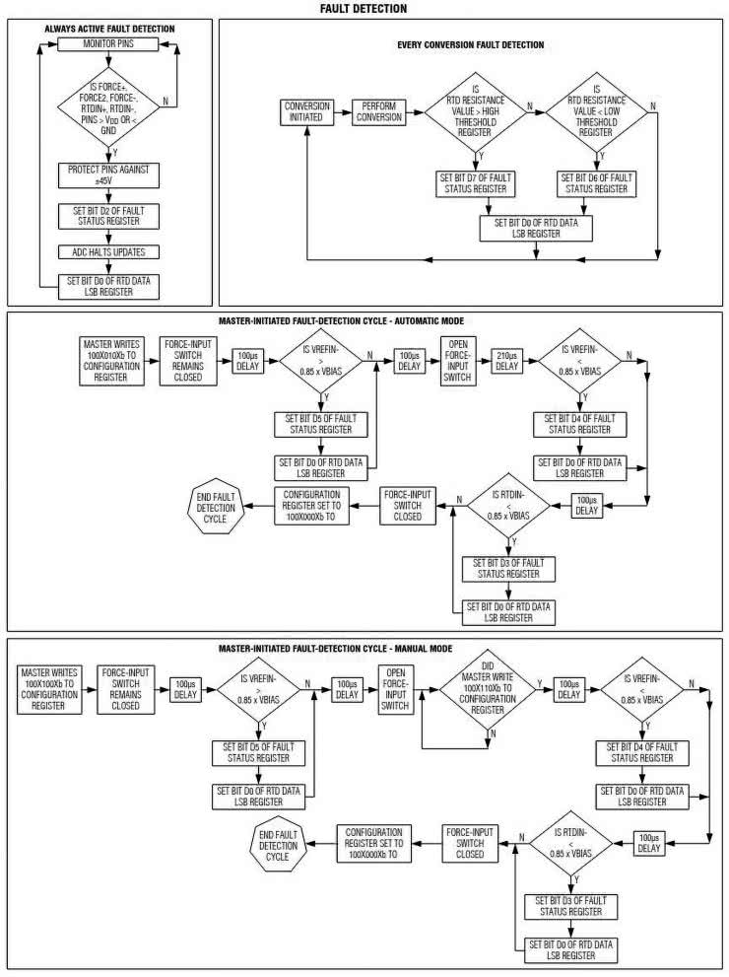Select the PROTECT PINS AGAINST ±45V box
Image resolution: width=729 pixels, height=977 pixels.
point(108,174)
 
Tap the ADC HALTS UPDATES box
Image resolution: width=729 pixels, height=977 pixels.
point(108,250)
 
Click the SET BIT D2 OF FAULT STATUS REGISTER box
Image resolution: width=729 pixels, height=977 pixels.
point(108,213)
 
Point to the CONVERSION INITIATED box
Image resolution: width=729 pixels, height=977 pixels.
point(306,111)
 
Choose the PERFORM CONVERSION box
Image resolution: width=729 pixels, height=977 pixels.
point(378,111)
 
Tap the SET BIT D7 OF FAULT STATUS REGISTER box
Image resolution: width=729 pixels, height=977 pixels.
point(480,182)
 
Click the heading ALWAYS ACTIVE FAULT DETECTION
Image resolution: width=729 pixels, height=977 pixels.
point(109,29)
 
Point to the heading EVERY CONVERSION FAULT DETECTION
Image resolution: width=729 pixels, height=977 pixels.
point(470,45)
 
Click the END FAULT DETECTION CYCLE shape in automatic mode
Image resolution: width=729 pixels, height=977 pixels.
point(210,507)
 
